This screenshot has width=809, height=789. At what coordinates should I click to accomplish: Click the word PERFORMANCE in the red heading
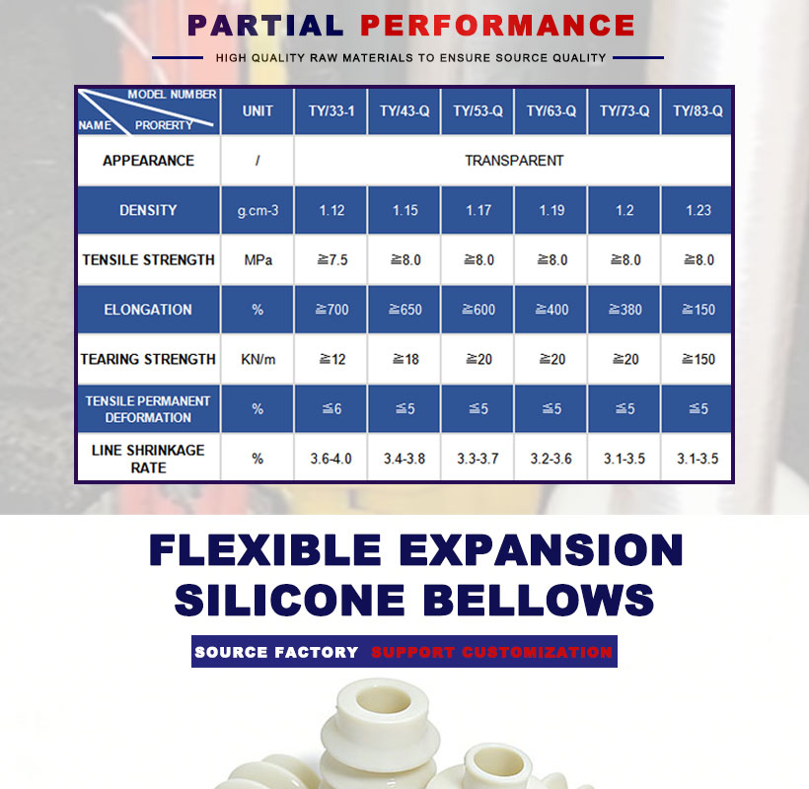(497, 26)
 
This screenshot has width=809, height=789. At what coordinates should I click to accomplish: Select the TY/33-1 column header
(331, 110)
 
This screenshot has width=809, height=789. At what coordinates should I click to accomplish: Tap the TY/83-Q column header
(698, 110)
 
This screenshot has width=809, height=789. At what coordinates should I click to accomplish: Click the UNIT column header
(257, 110)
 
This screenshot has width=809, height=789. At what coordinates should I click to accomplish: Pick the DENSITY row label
(148, 210)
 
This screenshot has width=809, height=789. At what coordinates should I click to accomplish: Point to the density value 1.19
(552, 210)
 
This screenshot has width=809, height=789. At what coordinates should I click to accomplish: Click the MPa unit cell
(257, 260)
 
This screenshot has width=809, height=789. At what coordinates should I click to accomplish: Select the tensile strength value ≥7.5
(331, 260)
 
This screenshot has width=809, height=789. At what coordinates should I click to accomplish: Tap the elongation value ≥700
(331, 310)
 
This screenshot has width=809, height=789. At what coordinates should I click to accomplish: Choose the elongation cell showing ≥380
(625, 310)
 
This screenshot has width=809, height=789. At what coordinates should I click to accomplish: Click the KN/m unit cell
(257, 359)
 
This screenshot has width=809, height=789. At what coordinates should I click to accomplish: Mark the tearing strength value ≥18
(405, 359)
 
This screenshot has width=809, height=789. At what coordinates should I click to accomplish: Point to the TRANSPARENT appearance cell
(514, 161)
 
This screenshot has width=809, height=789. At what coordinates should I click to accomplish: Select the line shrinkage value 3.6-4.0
(331, 459)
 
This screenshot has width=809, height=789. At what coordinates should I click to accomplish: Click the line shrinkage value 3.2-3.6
(552, 459)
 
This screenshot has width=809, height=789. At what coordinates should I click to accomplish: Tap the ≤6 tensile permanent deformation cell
(331, 409)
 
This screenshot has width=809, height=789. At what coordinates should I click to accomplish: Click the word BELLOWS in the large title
(538, 600)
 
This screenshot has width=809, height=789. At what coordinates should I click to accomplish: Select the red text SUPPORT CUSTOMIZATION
(491, 652)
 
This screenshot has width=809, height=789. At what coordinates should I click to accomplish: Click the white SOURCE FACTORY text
(276, 652)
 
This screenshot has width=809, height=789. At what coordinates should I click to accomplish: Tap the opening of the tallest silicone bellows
(384, 701)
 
